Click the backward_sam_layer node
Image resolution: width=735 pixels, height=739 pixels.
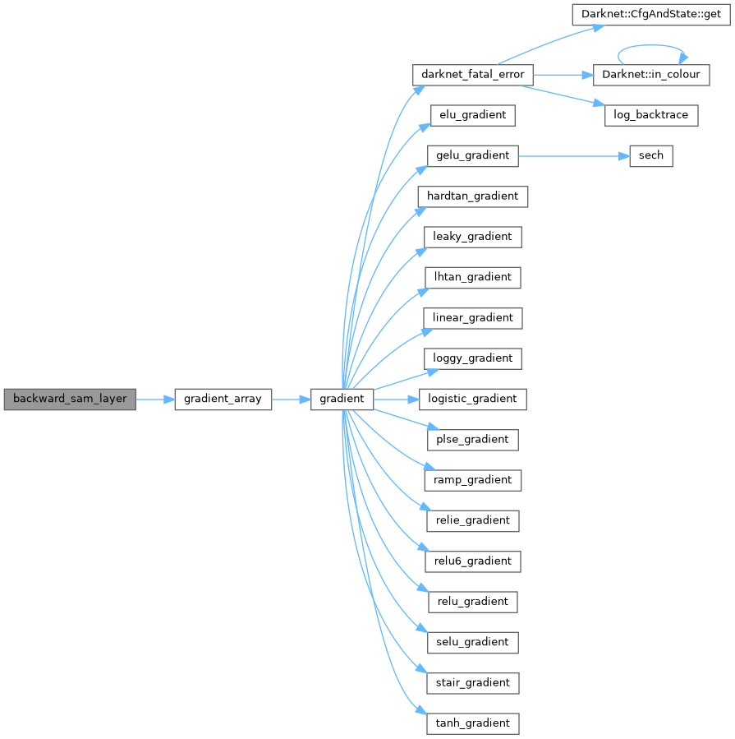[x=70, y=399]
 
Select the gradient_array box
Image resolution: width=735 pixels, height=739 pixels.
[x=223, y=399]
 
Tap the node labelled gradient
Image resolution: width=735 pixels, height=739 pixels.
[x=342, y=399]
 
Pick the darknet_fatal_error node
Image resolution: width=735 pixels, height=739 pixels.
[x=472, y=75]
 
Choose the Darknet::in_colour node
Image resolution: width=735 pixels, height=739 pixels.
[x=650, y=75]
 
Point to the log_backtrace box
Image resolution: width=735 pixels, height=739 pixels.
[x=651, y=115]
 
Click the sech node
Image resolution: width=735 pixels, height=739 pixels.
[x=650, y=155]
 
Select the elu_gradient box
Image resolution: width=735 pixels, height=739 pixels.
[x=472, y=115]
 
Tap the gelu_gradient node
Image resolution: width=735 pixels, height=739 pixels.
[x=472, y=155]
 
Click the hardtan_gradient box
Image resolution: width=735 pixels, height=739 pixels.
[x=472, y=196]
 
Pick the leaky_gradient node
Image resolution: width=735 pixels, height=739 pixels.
[x=472, y=237]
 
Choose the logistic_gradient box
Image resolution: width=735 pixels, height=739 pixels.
[x=472, y=399]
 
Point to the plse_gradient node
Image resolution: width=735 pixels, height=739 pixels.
[x=472, y=439]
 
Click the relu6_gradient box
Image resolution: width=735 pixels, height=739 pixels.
[x=472, y=561]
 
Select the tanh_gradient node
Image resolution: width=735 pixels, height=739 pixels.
[x=472, y=723]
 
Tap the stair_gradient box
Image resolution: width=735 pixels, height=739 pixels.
[x=472, y=682]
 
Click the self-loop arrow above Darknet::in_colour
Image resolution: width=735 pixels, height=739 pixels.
[x=650, y=47]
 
